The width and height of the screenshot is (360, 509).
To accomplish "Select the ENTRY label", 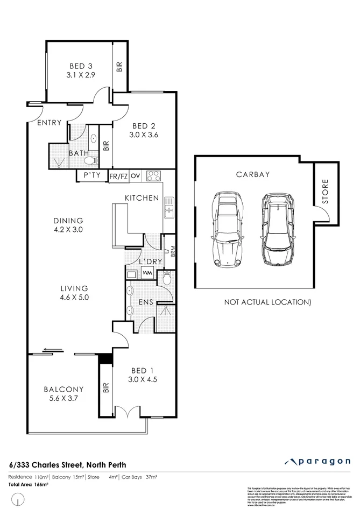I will coord(49,123).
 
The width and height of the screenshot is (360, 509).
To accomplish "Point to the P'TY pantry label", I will coord(89,175).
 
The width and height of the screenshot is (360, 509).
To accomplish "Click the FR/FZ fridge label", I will coord(118,176).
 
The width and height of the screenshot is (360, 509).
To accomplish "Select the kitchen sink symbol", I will coord(169,207).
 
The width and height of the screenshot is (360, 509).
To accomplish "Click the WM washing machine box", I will coord(147,274).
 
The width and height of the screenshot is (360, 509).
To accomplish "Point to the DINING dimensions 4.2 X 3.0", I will coord(68,229).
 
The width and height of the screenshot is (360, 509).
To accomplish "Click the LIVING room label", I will coord(74,288).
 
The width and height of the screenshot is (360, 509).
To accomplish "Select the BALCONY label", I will coord(63,389).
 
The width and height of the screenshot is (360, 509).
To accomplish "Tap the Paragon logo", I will coord(317,462).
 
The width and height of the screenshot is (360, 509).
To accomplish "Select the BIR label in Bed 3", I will coord(119,67).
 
